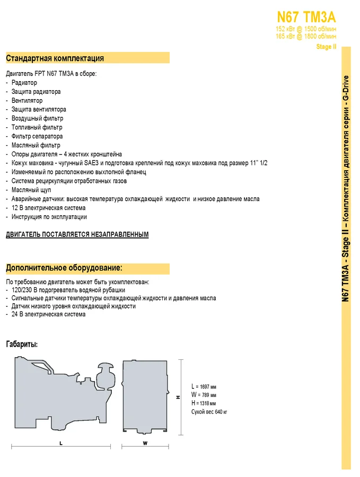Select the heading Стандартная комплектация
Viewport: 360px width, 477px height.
(x=55, y=58)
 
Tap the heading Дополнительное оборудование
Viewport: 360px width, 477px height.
(x=64, y=268)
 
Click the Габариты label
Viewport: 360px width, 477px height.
(x=22, y=344)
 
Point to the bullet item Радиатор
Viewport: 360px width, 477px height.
(x=24, y=83)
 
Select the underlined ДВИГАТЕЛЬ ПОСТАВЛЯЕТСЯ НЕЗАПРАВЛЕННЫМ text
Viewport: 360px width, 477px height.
(x=77, y=234)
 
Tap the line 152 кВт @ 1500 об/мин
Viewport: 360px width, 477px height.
(x=306, y=29)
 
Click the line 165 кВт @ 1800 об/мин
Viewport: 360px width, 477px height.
(x=306, y=37)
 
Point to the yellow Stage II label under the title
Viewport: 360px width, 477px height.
(x=326, y=47)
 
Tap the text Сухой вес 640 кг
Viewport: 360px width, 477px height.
(x=210, y=412)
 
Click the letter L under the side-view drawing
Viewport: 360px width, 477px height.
(x=61, y=443)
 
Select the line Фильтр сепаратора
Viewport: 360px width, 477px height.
(x=37, y=136)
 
